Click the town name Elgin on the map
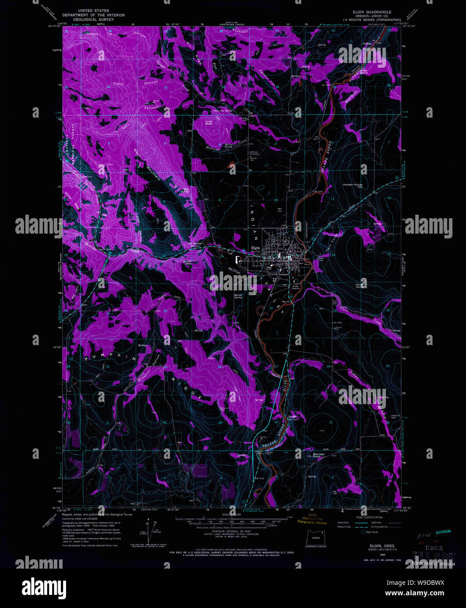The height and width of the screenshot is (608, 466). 256,248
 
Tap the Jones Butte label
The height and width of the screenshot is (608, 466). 209,122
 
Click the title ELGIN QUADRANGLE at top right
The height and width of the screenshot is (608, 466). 372,12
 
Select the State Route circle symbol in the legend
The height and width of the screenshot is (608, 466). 363,532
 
